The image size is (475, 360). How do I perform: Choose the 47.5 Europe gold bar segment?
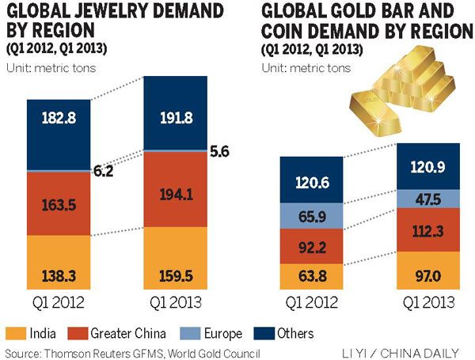(x=427, y=197)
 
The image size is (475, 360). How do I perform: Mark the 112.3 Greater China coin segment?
(x=427, y=229)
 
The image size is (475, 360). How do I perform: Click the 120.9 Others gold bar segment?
(x=427, y=165)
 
